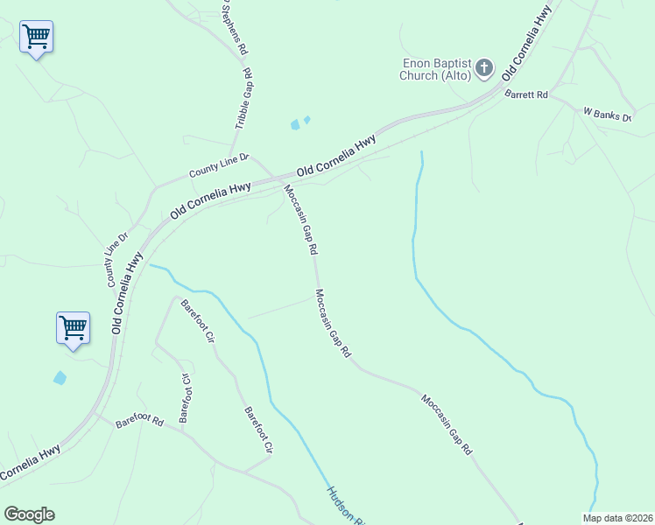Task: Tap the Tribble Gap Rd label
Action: coord(243,99)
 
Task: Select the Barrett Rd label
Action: coord(526,94)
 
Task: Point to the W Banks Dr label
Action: coord(607,113)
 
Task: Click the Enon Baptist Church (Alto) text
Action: coord(436,69)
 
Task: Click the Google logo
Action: coord(29,514)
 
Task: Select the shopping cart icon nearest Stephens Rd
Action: coord(36,37)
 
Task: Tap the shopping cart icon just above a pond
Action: coord(73,328)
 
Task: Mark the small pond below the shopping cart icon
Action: coord(60,378)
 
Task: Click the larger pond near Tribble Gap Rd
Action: coord(295,125)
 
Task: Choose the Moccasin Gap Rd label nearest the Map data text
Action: coord(447,425)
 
